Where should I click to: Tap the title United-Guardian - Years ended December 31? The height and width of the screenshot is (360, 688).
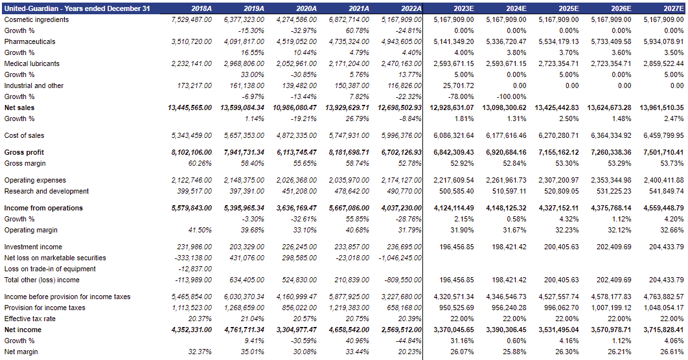click(x=77, y=8)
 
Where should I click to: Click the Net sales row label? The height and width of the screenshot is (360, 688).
click(x=19, y=107)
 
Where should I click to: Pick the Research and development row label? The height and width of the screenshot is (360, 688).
click(x=47, y=191)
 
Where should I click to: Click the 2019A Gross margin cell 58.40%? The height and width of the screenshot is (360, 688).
click(x=251, y=163)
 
